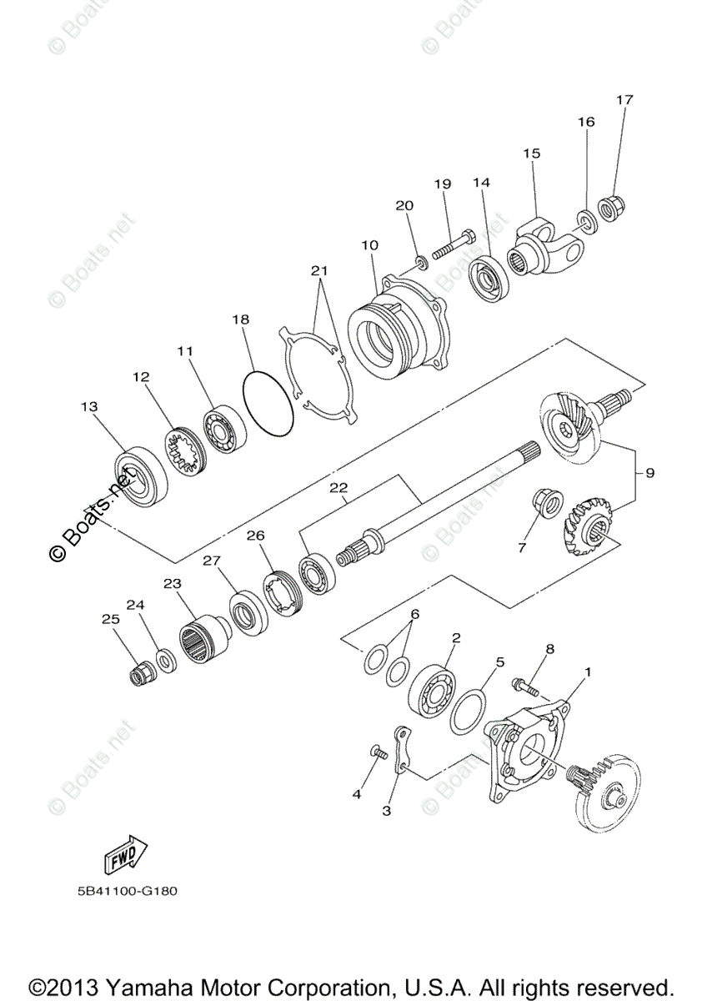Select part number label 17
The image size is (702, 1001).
point(624,100)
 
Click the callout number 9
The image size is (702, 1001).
point(649,473)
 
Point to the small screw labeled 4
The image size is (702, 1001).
point(380,753)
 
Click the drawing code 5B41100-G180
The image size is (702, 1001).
point(124,889)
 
